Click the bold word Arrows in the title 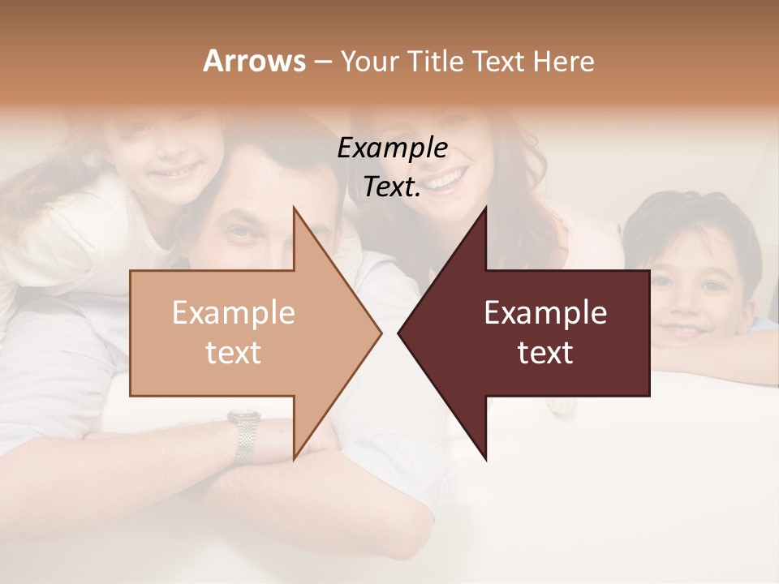[x=254, y=61]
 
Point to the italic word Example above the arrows [x=392, y=148]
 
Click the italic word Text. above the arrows [x=392, y=187]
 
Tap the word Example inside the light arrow [x=233, y=313]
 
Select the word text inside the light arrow [x=233, y=353]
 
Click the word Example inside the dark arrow [x=545, y=313]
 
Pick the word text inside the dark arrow [x=545, y=353]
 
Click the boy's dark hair [x=690, y=215]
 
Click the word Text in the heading [x=501, y=62]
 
